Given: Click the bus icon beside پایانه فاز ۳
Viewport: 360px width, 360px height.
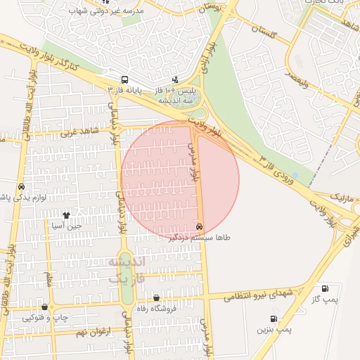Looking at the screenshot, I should [124, 79].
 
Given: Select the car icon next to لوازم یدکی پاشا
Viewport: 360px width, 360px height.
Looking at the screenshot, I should [21, 187].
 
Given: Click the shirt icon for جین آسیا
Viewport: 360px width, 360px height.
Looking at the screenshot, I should [66, 216].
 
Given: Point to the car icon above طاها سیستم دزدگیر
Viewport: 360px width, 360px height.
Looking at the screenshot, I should [200, 226].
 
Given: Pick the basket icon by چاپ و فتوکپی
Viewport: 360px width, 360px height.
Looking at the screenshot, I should [46, 307].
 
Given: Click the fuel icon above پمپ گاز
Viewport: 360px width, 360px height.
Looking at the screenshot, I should [324, 288].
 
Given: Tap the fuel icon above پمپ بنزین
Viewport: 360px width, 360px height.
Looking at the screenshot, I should [274, 318].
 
